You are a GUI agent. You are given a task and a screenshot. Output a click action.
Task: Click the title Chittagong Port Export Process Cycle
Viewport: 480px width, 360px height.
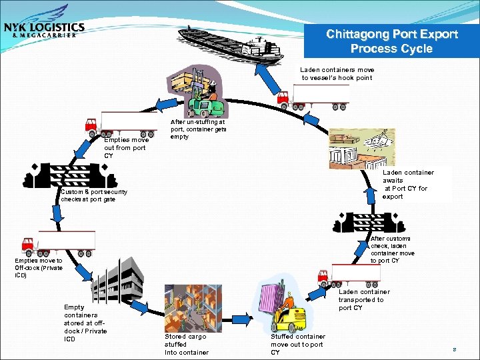[392, 42]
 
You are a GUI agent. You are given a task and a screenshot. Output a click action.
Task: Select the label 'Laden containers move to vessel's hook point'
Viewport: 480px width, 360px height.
[337, 73]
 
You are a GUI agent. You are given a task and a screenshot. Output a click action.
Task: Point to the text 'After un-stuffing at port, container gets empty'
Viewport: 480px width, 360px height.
[198, 129]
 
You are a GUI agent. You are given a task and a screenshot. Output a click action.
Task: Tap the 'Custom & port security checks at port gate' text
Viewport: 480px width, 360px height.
[93, 195]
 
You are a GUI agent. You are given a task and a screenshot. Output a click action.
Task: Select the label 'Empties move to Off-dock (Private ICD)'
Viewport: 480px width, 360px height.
[39, 268]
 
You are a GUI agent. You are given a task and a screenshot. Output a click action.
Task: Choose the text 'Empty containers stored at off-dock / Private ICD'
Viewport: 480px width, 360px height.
[85, 323]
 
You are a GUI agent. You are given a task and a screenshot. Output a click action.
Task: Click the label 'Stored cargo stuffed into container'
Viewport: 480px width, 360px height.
[186, 344]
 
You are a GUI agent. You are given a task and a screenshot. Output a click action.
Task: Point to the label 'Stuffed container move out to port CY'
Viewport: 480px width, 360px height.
[297, 344]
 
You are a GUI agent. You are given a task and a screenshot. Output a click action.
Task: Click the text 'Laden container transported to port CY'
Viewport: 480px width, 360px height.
[364, 299]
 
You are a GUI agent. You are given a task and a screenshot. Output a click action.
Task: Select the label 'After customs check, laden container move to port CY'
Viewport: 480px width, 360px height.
[392, 249]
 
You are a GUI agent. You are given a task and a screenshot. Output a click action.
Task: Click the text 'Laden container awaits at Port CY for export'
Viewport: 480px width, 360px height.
[407, 184]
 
